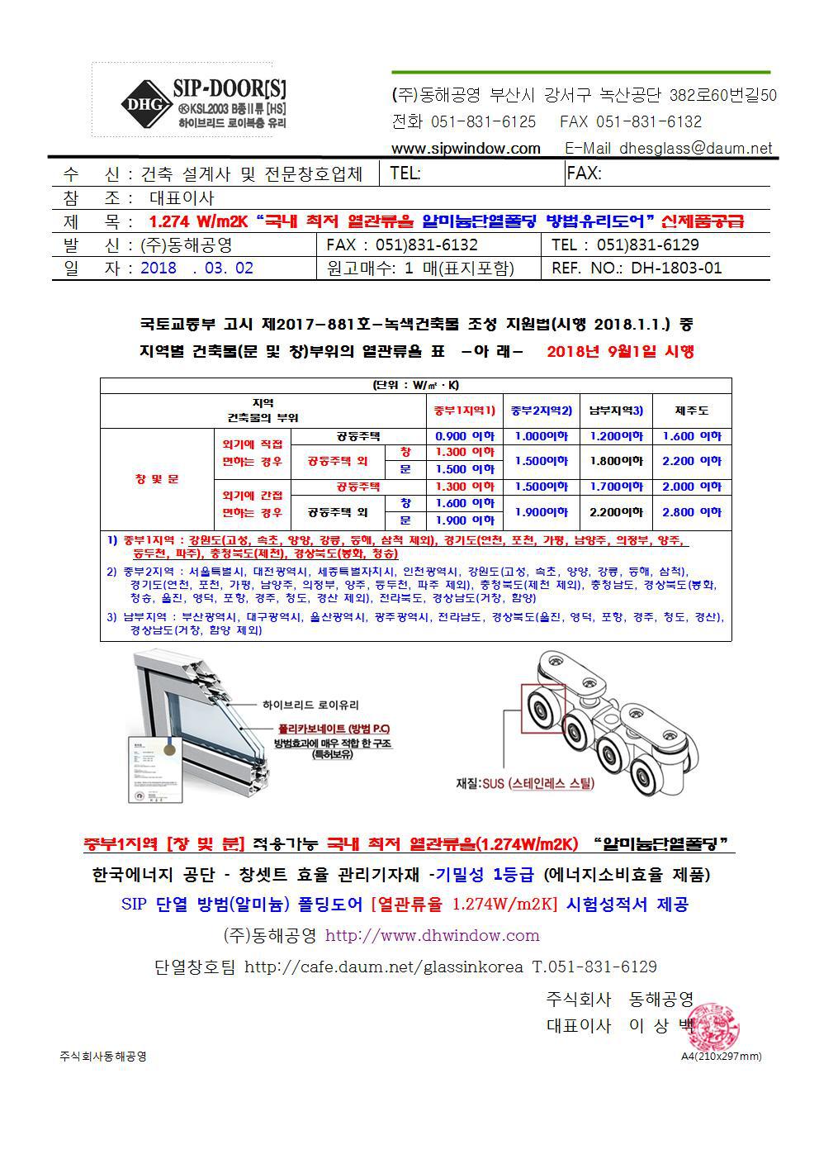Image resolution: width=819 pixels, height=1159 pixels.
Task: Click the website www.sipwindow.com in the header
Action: click(x=466, y=149)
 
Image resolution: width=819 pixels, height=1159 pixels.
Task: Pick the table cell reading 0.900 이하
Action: click(x=464, y=436)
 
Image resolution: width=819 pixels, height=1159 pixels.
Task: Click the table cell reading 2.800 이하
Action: click(x=691, y=512)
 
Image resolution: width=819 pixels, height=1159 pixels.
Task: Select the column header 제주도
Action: click(x=691, y=411)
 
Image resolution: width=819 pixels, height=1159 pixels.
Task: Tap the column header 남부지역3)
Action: click(x=616, y=411)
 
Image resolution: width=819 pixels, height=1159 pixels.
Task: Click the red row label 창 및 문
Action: click(x=156, y=479)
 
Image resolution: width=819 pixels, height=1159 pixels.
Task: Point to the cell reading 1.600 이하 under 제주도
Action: click(x=691, y=436)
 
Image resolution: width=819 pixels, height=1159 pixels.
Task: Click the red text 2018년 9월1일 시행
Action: click(x=620, y=351)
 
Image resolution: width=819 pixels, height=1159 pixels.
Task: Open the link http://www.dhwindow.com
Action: click(x=432, y=936)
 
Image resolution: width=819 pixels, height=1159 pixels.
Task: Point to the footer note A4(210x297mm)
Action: click(x=721, y=1057)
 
